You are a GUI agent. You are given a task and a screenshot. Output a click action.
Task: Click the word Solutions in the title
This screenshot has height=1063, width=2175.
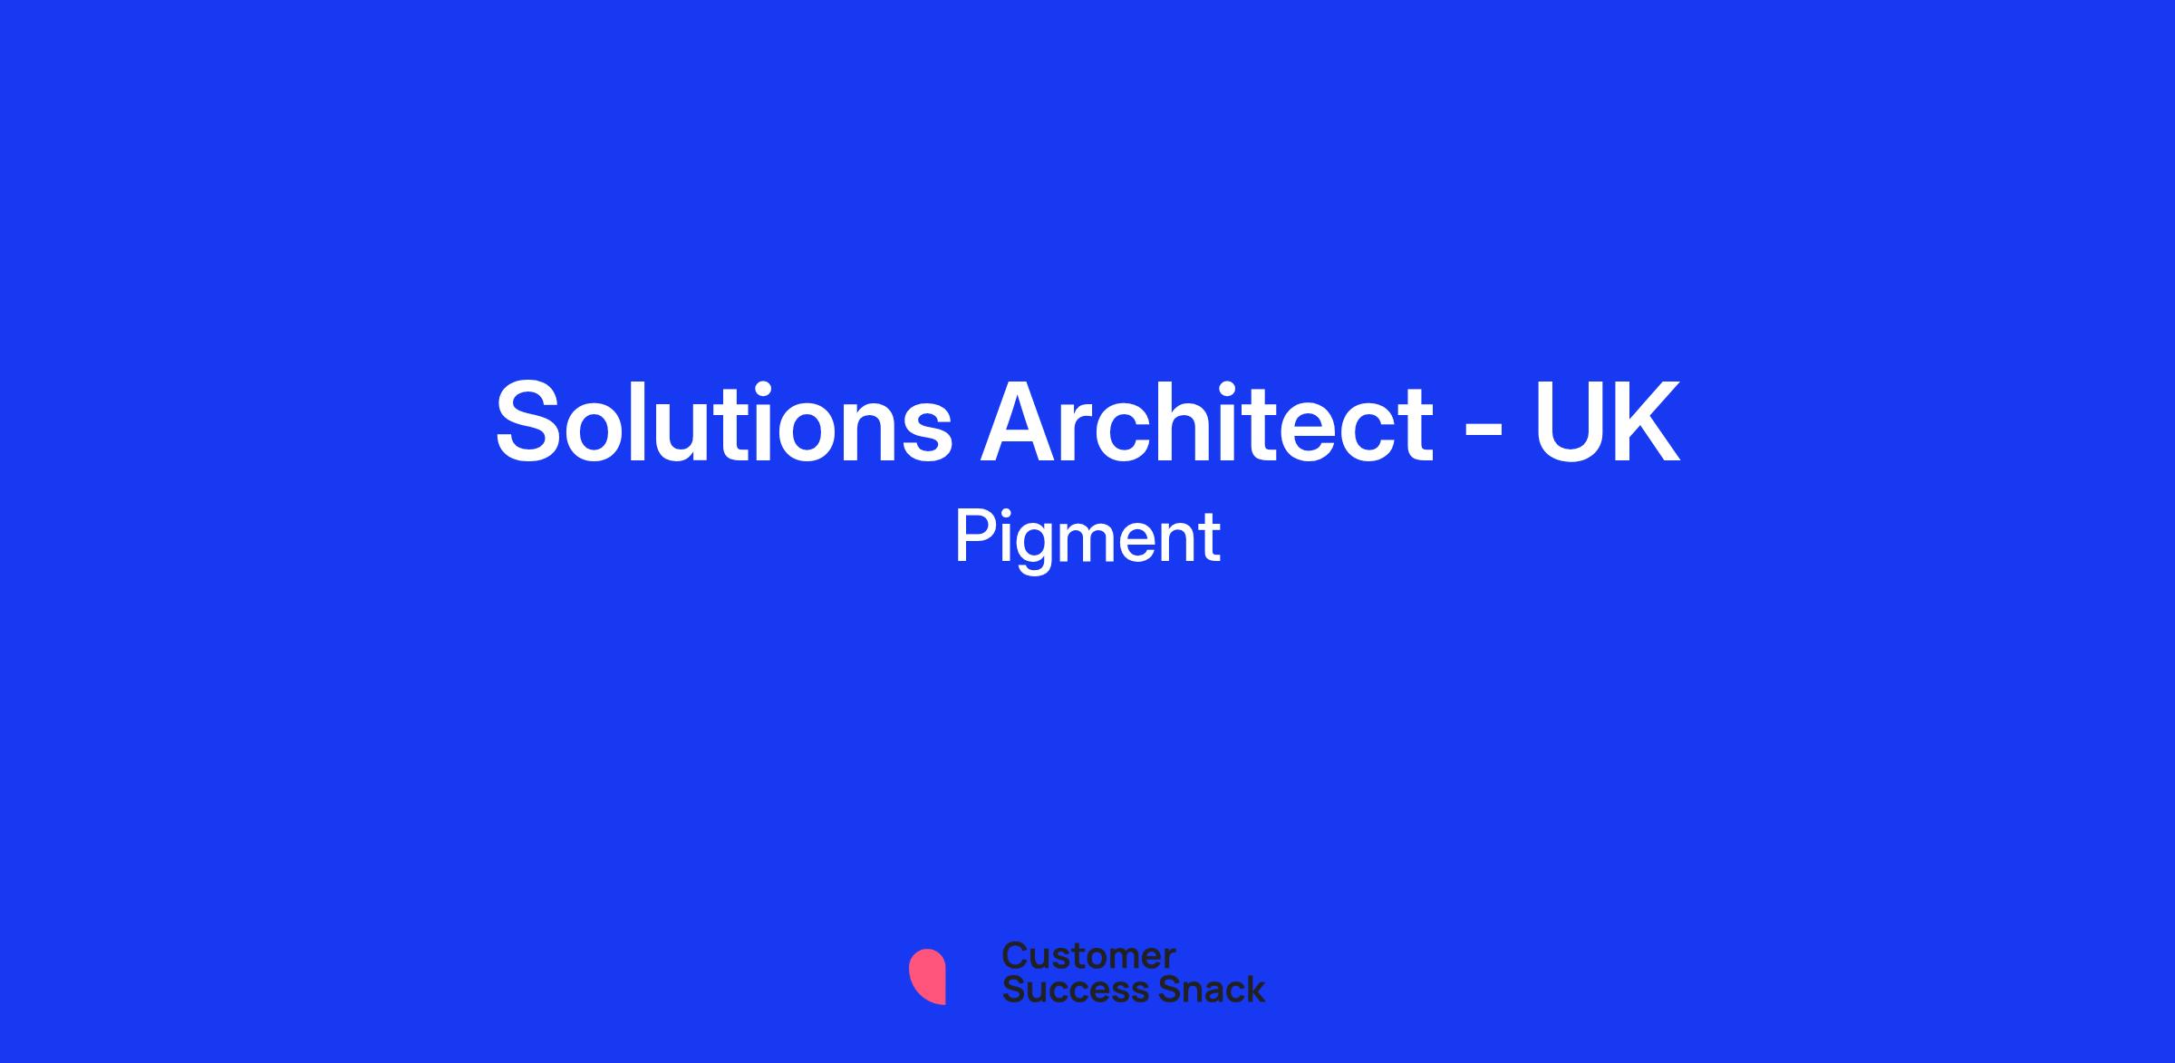pyautogui.click(x=723, y=421)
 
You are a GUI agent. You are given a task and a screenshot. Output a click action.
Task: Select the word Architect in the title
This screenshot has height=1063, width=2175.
pyautogui.click(x=1207, y=421)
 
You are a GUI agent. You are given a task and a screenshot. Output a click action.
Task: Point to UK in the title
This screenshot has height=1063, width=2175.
pyautogui.click(x=1606, y=422)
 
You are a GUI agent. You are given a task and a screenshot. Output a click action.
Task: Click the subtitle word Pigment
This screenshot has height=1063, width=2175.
pyautogui.click(x=1087, y=540)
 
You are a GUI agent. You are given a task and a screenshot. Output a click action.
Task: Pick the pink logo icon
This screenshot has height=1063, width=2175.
pyautogui.click(x=927, y=976)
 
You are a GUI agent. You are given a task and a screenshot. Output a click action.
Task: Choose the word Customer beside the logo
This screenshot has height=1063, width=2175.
pyautogui.click(x=1088, y=955)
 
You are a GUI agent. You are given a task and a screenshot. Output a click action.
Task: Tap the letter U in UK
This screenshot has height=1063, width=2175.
pyautogui.click(x=1567, y=423)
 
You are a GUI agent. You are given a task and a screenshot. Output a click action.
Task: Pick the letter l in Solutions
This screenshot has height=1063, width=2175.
pyautogui.click(x=650, y=420)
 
